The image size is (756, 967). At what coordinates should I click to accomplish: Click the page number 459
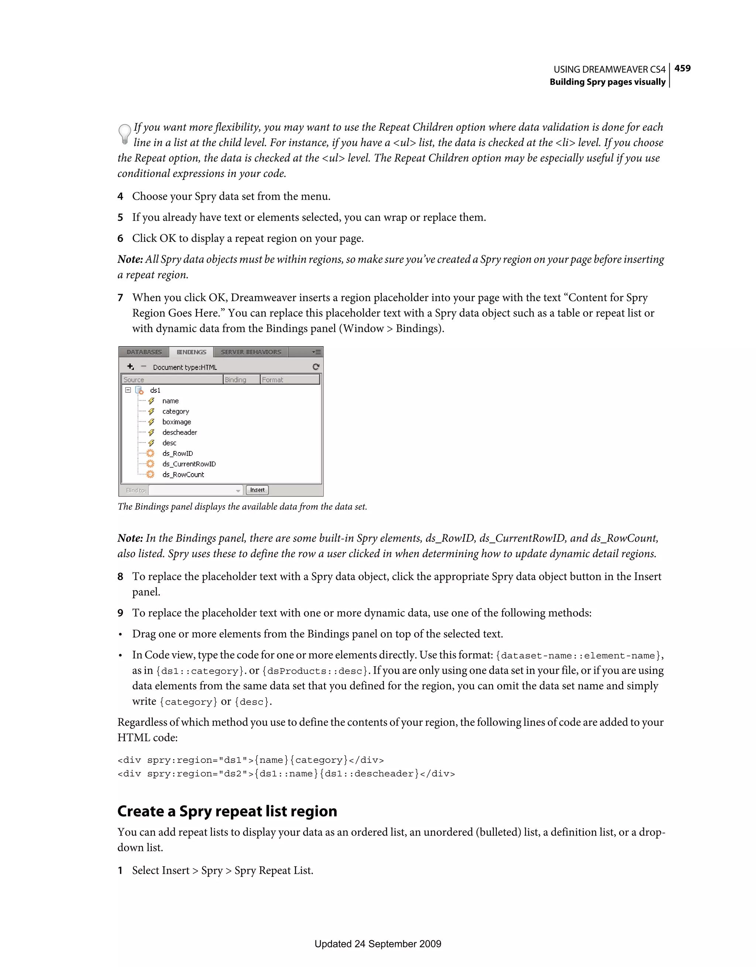pyautogui.click(x=682, y=68)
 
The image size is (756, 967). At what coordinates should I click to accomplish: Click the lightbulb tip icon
pyautogui.click(x=124, y=134)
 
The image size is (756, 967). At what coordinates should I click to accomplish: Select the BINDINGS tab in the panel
pyautogui.click(x=191, y=352)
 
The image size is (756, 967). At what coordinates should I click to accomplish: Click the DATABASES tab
pyautogui.click(x=144, y=352)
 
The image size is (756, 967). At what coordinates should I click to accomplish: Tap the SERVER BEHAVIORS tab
pyautogui.click(x=251, y=352)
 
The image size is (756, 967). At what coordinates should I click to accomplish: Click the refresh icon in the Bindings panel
pyautogui.click(x=316, y=367)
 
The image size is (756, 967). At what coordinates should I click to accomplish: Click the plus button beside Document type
pyautogui.click(x=130, y=367)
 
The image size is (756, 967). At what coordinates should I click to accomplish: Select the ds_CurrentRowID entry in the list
pyautogui.click(x=189, y=464)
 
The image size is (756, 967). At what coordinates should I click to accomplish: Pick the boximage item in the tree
pyautogui.click(x=176, y=422)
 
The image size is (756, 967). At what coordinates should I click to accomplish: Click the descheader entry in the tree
pyautogui.click(x=179, y=433)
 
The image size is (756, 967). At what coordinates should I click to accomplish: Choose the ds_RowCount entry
pyautogui.click(x=183, y=475)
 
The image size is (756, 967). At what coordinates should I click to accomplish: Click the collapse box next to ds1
pyautogui.click(x=128, y=390)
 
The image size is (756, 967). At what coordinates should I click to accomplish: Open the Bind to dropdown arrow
pyautogui.click(x=238, y=491)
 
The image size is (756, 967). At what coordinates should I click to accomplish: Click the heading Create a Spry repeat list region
pyautogui.click(x=227, y=811)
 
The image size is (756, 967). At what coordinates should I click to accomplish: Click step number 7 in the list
pyautogui.click(x=120, y=298)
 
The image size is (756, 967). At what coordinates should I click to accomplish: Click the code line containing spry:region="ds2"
pyautogui.click(x=286, y=774)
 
